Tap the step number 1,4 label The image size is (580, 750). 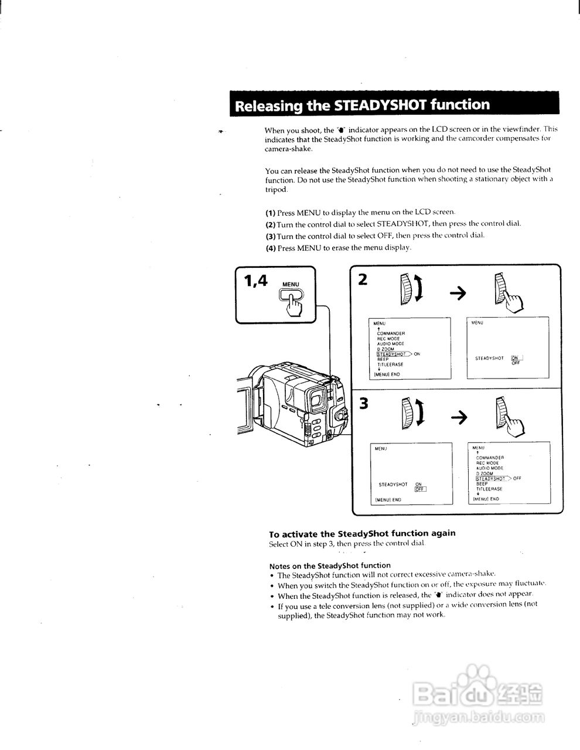click(255, 281)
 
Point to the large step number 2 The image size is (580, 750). click(363, 279)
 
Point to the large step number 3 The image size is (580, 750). click(364, 404)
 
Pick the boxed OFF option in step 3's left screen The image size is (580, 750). click(420, 489)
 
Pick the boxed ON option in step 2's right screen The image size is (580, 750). click(516, 358)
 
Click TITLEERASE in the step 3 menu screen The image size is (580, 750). click(489, 489)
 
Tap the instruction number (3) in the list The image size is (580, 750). click(270, 236)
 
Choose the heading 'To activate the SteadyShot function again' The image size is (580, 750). click(362, 534)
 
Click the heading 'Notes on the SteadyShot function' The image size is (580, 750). click(329, 565)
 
